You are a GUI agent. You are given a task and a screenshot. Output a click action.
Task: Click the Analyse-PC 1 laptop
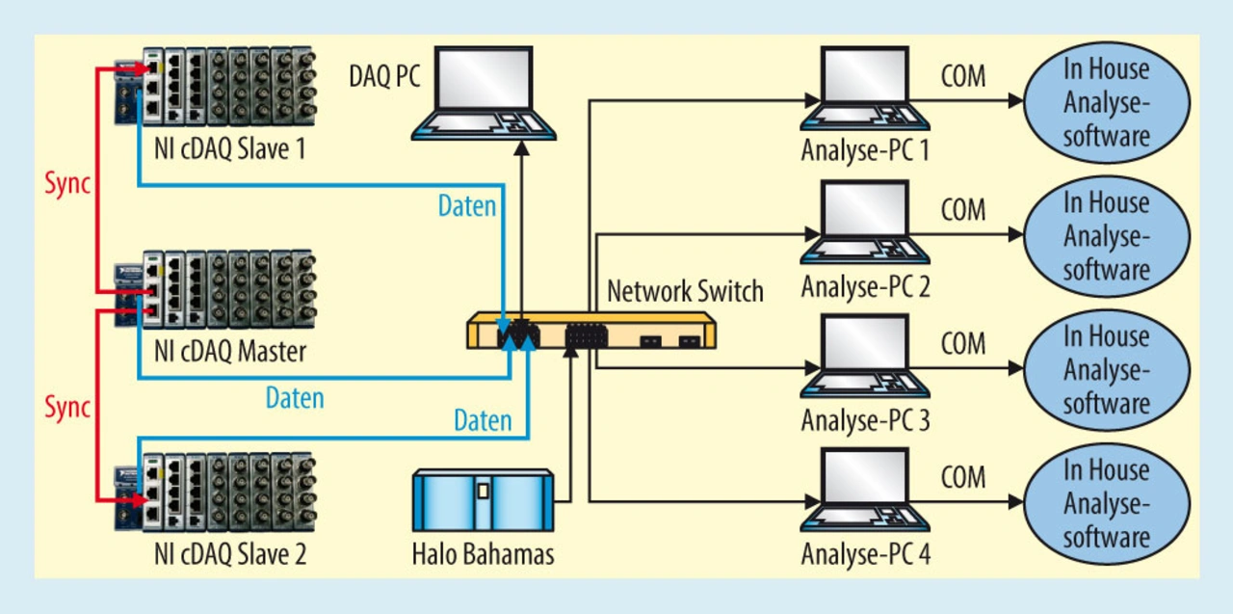(864, 90)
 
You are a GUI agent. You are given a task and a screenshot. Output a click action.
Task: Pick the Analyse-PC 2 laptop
(864, 224)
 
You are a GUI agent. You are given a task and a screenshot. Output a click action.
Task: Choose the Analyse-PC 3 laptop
(864, 358)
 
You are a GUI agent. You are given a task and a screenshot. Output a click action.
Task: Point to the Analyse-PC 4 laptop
(864, 493)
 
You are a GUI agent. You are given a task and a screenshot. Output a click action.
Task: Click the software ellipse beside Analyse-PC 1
(1105, 101)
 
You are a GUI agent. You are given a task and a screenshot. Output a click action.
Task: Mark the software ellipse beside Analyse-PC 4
(1105, 503)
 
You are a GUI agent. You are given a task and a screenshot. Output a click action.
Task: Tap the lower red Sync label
(67, 407)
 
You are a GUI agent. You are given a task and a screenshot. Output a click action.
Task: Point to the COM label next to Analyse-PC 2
(962, 209)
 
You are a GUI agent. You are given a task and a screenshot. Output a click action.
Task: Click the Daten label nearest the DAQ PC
(467, 205)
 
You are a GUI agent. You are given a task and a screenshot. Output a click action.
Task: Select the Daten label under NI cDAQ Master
(295, 397)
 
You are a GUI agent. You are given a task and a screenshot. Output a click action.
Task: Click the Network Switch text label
(685, 290)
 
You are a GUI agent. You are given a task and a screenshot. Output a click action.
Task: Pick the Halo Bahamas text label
(483, 555)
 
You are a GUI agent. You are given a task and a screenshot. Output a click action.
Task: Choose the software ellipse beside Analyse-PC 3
(1105, 369)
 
